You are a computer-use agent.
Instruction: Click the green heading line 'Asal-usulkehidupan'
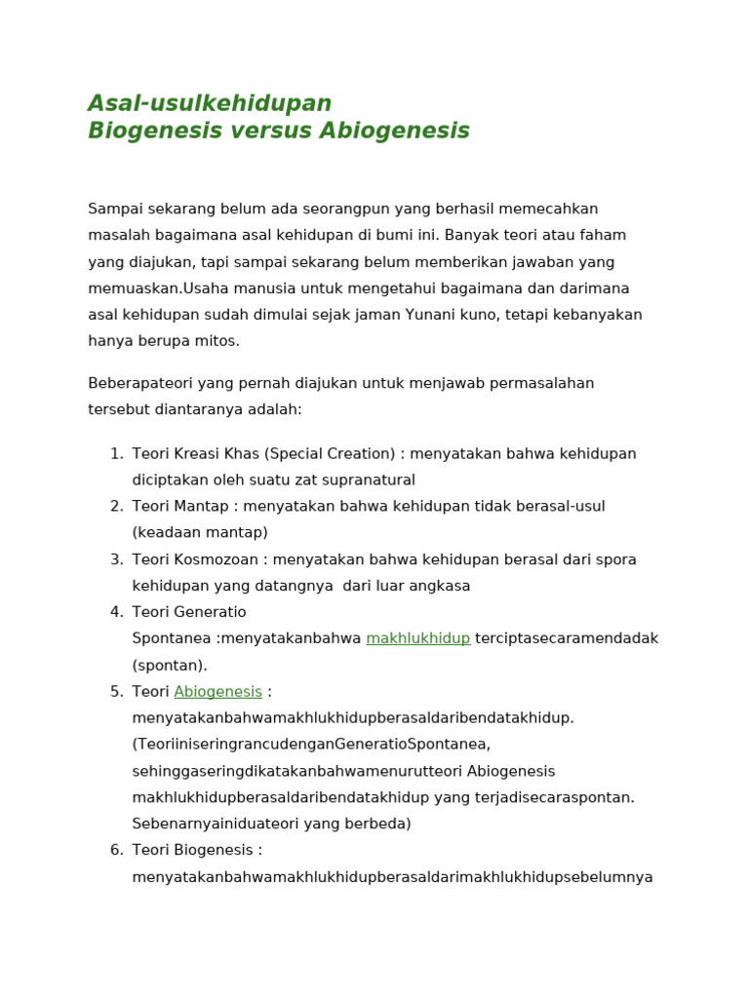[210, 103]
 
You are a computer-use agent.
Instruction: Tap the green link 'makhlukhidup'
[417, 638]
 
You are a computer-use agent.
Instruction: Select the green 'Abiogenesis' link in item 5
[217, 691]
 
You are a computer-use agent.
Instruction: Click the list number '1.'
[116, 453]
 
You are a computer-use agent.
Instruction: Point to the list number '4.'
[116, 612]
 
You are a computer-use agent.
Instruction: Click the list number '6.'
[116, 850]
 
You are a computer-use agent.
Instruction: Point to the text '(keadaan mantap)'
[200, 532]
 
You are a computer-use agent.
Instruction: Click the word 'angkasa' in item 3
[443, 586]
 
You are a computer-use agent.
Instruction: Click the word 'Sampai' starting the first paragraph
[113, 209]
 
